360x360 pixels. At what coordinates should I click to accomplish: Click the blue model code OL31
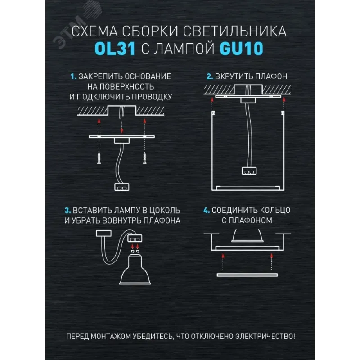click(x=115, y=49)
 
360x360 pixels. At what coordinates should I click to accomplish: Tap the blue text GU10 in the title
click(x=242, y=49)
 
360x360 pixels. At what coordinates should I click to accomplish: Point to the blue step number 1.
click(x=73, y=76)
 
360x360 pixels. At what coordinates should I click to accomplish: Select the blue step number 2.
click(x=210, y=76)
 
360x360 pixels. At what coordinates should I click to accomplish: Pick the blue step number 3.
click(x=67, y=211)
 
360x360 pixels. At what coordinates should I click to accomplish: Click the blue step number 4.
click(x=207, y=210)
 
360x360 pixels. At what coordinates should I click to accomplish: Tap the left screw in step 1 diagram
click(x=99, y=158)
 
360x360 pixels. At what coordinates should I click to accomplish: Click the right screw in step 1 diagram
click(x=144, y=158)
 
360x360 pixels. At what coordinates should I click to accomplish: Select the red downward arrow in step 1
click(x=122, y=126)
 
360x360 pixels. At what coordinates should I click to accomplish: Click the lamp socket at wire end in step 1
click(x=122, y=187)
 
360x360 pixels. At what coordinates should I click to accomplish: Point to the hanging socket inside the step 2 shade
click(x=249, y=171)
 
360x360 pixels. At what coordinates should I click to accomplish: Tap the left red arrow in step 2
click(x=212, y=103)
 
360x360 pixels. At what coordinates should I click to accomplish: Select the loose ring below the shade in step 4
click(x=247, y=275)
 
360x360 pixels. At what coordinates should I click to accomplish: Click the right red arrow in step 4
click(x=272, y=261)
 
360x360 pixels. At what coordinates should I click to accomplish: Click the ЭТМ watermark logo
click(x=76, y=25)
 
